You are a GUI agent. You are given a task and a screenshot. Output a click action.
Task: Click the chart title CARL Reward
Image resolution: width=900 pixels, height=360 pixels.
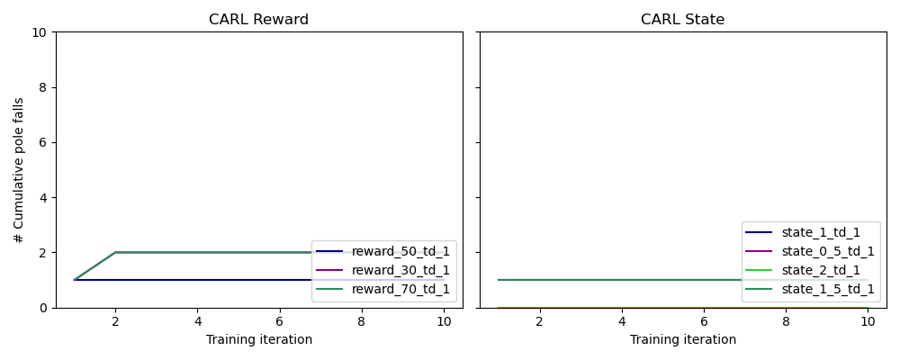click(x=258, y=19)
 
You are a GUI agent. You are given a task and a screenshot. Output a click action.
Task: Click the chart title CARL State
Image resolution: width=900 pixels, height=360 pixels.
click(x=682, y=19)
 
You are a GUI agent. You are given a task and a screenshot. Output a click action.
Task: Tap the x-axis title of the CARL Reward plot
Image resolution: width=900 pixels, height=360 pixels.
click(x=258, y=339)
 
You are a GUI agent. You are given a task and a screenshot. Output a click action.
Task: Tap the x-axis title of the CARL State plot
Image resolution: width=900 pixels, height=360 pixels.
click(x=682, y=339)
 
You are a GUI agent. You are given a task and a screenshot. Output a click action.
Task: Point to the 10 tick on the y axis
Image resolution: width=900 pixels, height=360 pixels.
click(x=41, y=32)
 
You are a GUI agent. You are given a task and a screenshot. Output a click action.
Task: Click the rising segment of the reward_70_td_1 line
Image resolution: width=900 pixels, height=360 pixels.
click(x=94, y=265)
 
